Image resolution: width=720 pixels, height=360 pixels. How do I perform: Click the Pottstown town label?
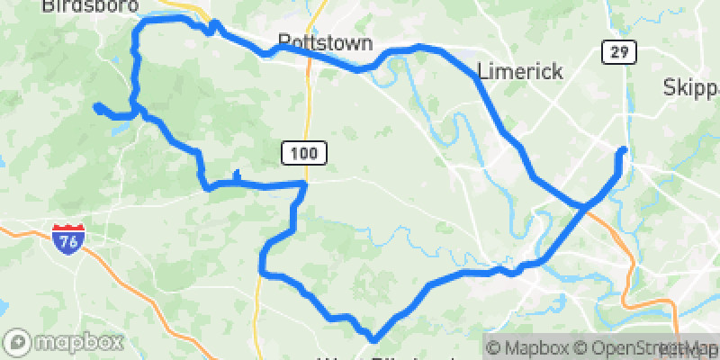(x=313, y=42)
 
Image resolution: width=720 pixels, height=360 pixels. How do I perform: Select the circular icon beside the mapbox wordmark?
(x=19, y=342)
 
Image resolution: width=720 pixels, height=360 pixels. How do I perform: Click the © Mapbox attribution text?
(x=529, y=347)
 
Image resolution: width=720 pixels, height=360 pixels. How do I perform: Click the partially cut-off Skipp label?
(x=691, y=87)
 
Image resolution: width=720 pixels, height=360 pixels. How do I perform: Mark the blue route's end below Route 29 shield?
(x=622, y=149)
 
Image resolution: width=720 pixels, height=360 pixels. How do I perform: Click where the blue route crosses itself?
(x=585, y=206)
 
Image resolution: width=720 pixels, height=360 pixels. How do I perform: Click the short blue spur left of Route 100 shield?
(x=236, y=175)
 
